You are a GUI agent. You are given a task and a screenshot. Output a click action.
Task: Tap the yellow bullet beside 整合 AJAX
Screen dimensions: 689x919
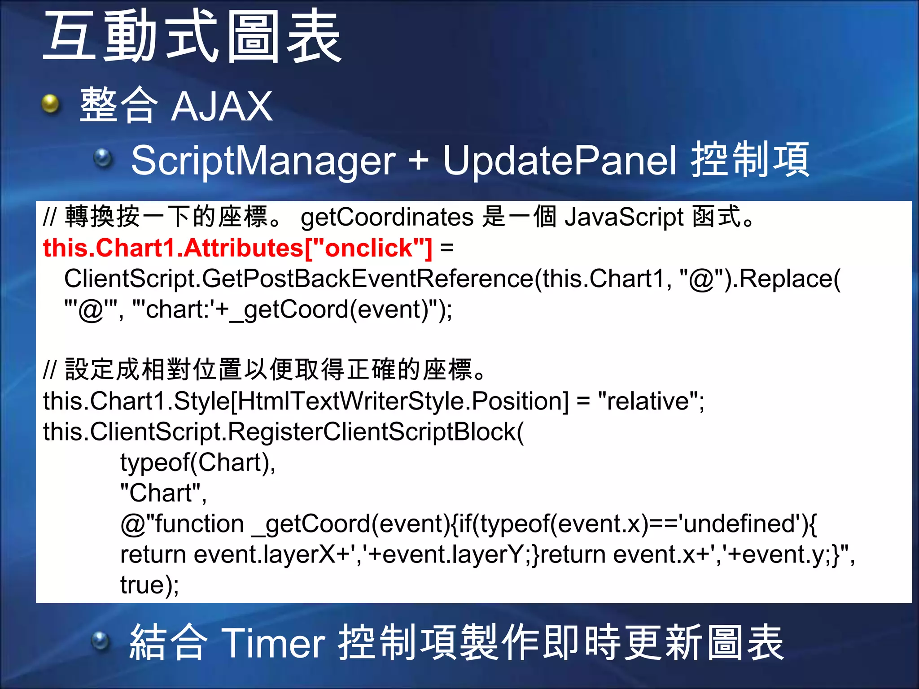pyautogui.click(x=50, y=105)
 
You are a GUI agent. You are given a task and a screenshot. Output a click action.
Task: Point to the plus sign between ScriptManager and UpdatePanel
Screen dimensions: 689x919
pyautogui.click(x=418, y=161)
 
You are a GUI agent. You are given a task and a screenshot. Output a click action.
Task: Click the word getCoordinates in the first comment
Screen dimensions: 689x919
pyautogui.click(x=387, y=218)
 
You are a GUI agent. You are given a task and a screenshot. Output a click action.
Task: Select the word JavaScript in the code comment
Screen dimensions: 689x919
pyautogui.click(x=624, y=218)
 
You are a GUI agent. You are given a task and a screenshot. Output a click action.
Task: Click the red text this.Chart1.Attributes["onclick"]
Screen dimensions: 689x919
pyautogui.click(x=237, y=248)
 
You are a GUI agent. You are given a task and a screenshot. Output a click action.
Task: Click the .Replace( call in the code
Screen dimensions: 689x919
pyautogui.click(x=788, y=279)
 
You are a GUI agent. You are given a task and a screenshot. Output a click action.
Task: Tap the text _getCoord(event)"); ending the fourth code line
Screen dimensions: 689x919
pyautogui.click(x=348, y=310)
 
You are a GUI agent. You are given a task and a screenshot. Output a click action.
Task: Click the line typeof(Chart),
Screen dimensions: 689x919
pyautogui.click(x=198, y=462)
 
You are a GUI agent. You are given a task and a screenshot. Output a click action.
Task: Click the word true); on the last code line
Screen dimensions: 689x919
pyautogui.click(x=149, y=585)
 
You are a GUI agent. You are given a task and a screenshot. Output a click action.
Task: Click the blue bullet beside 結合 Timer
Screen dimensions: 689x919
pyautogui.click(x=101, y=641)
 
